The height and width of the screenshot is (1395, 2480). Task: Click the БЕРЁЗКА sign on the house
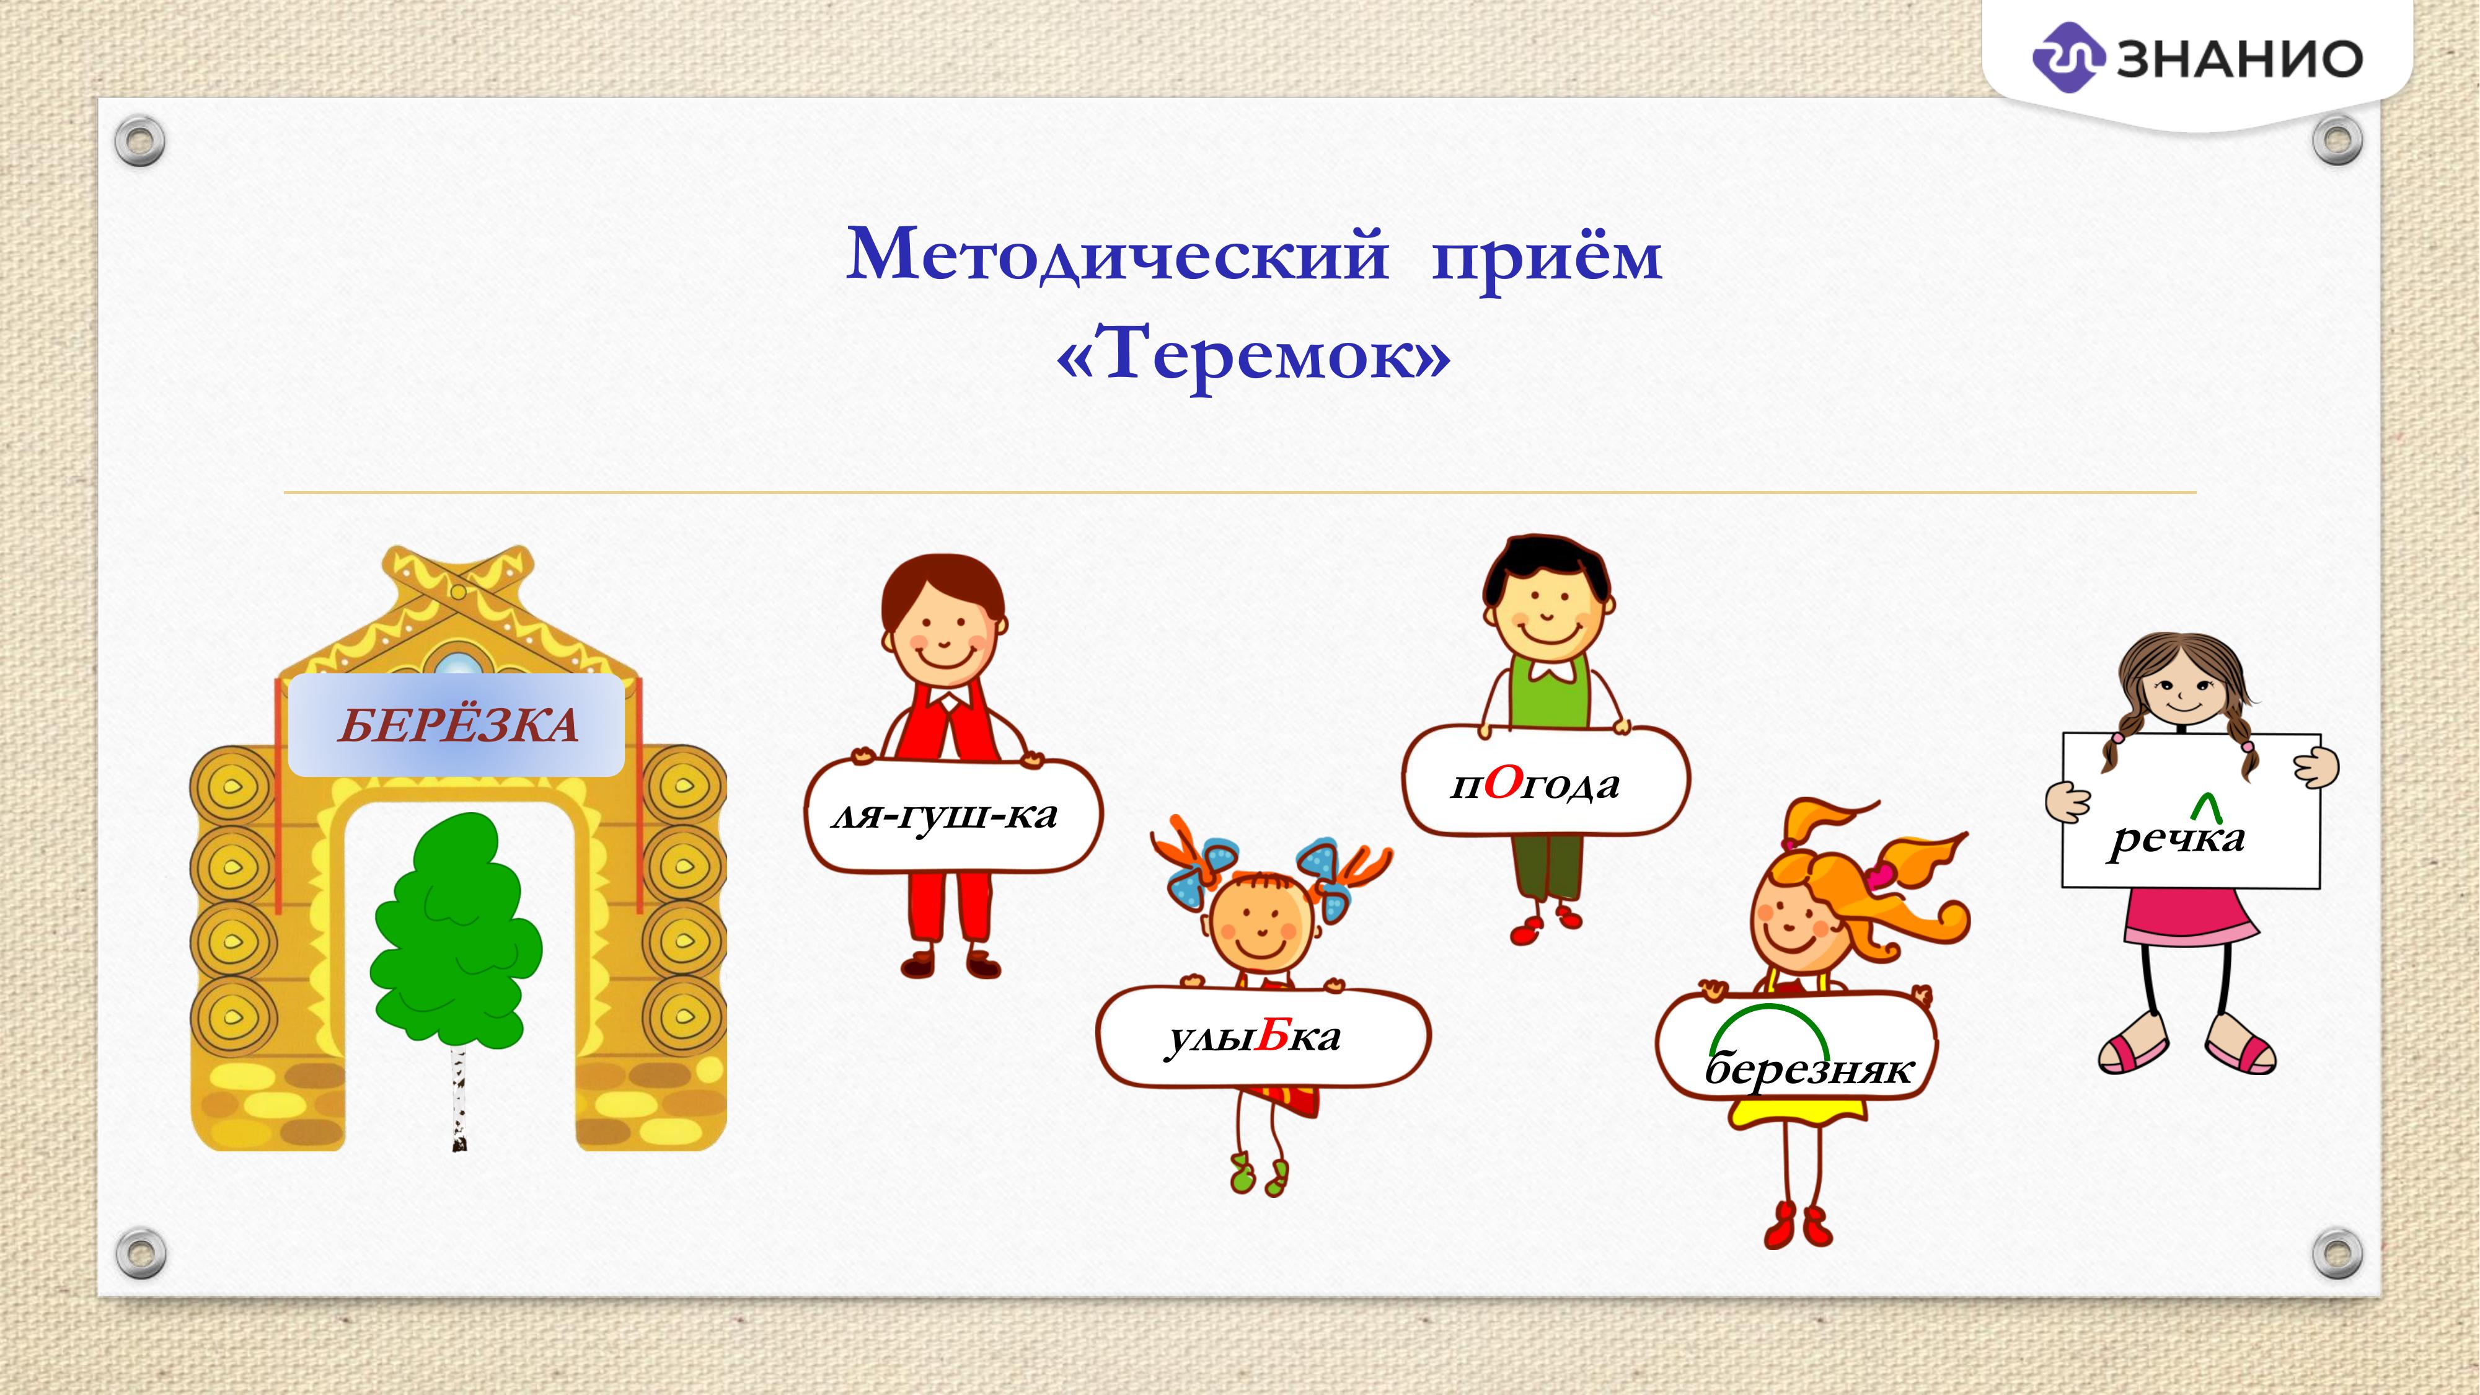point(457,725)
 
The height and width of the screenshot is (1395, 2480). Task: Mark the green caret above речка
point(2207,808)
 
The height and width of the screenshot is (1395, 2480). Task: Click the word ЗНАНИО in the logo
point(2240,59)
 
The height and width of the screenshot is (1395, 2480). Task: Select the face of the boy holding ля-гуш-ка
point(943,636)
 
